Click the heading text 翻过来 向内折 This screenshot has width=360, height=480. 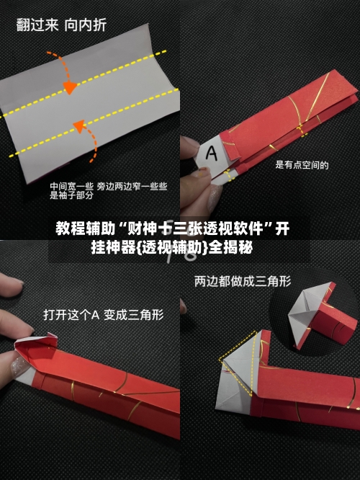(61, 26)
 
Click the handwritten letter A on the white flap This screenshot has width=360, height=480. (212, 153)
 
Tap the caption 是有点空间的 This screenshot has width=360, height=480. (302, 165)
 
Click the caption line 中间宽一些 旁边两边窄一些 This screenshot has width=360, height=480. (108, 185)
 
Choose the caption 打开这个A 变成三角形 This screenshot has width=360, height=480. (103, 314)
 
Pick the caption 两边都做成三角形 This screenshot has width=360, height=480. (243, 282)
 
